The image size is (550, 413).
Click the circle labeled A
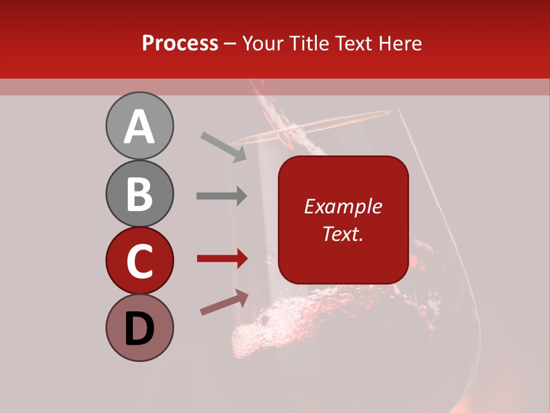point(139,126)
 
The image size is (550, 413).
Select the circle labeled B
point(139,193)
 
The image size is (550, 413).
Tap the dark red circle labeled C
point(139,260)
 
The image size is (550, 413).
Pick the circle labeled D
point(139,328)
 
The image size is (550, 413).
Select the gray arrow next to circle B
point(222,196)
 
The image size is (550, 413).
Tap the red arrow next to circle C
point(222,258)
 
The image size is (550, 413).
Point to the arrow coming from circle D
point(224,302)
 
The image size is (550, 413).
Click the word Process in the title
point(180,44)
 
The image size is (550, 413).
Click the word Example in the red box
point(343,206)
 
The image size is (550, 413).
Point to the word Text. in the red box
point(343,233)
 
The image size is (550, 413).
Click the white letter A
point(139,127)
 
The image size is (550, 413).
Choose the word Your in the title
point(262,44)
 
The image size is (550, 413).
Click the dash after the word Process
point(230,44)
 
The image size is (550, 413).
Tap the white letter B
point(139,194)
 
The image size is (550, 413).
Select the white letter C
point(139,262)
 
